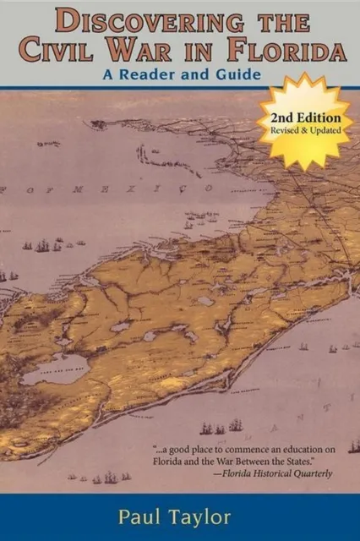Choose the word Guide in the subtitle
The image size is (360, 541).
click(237, 74)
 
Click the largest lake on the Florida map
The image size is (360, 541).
click(55, 369)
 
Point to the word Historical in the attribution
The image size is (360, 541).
click(261, 473)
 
